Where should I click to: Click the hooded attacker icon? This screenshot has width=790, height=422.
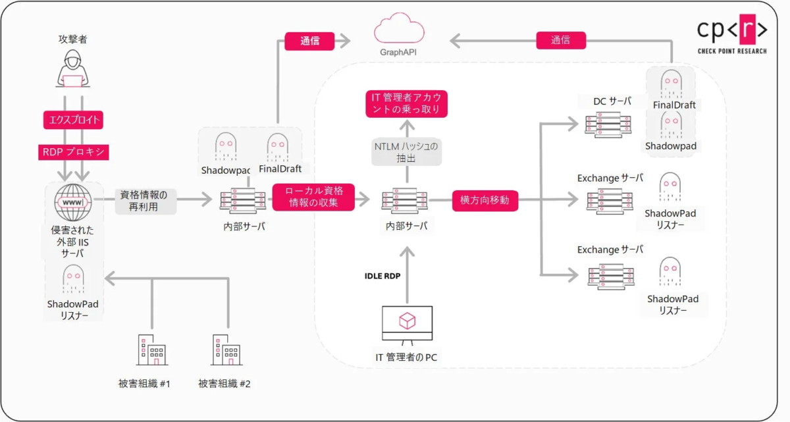pos(72,70)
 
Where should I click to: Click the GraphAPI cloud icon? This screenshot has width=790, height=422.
pos(398,30)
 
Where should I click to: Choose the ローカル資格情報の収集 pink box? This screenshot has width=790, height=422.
pos(313,196)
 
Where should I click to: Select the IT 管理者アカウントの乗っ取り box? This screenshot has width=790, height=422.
pos(406,104)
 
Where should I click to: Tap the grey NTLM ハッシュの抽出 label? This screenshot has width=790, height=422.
pos(406,151)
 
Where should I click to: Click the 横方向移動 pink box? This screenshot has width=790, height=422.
pos(485,200)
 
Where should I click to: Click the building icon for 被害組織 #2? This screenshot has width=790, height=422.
pos(228,350)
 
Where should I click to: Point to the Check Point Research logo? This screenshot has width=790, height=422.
pos(732,37)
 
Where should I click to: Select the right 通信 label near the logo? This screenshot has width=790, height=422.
pos(560,41)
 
